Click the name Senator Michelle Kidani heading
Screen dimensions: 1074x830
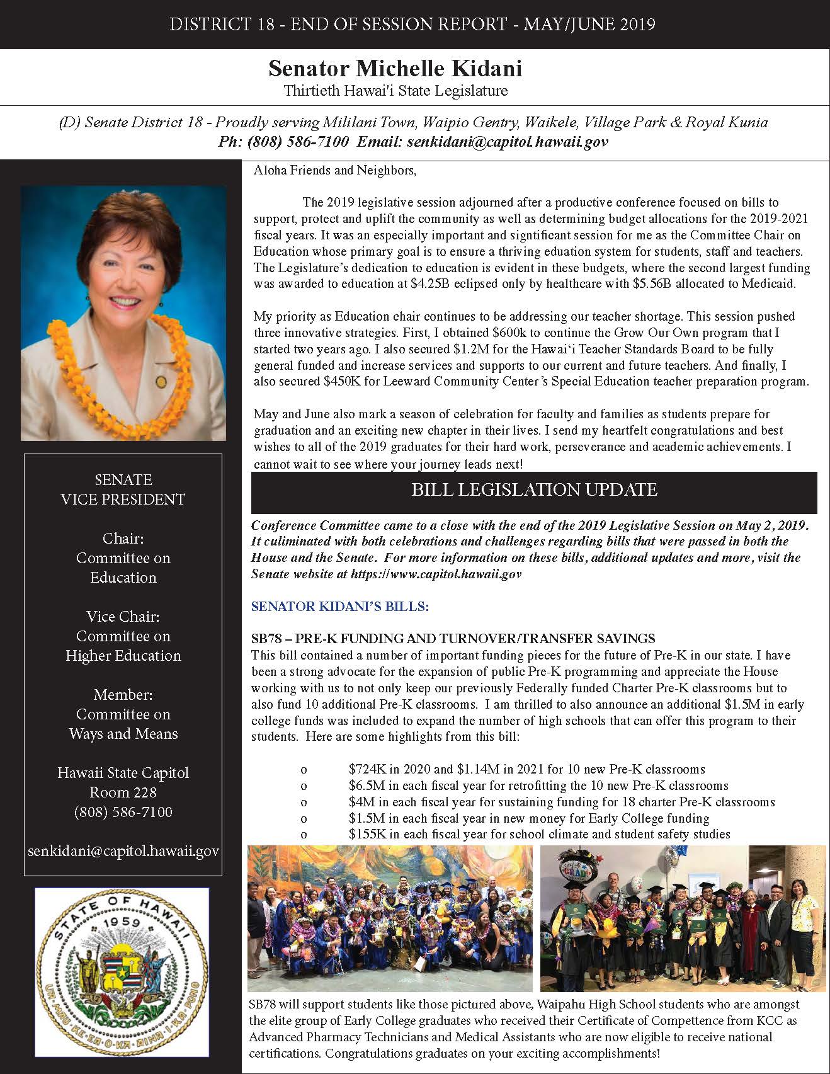pyautogui.click(x=395, y=68)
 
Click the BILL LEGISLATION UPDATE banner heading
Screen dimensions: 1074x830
pyautogui.click(x=534, y=490)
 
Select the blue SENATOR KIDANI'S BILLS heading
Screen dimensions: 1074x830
pyautogui.click(x=339, y=607)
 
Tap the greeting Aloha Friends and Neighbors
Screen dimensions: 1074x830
pyautogui.click(x=334, y=170)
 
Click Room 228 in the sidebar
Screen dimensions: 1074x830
pyautogui.click(x=123, y=792)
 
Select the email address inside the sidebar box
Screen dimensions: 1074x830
pyautogui.click(x=123, y=851)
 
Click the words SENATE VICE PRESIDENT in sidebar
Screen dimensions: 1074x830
pyautogui.click(x=123, y=489)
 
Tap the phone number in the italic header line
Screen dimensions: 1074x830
pyautogui.click(x=283, y=142)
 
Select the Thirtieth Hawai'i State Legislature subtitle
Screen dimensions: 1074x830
pyautogui.click(x=395, y=91)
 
